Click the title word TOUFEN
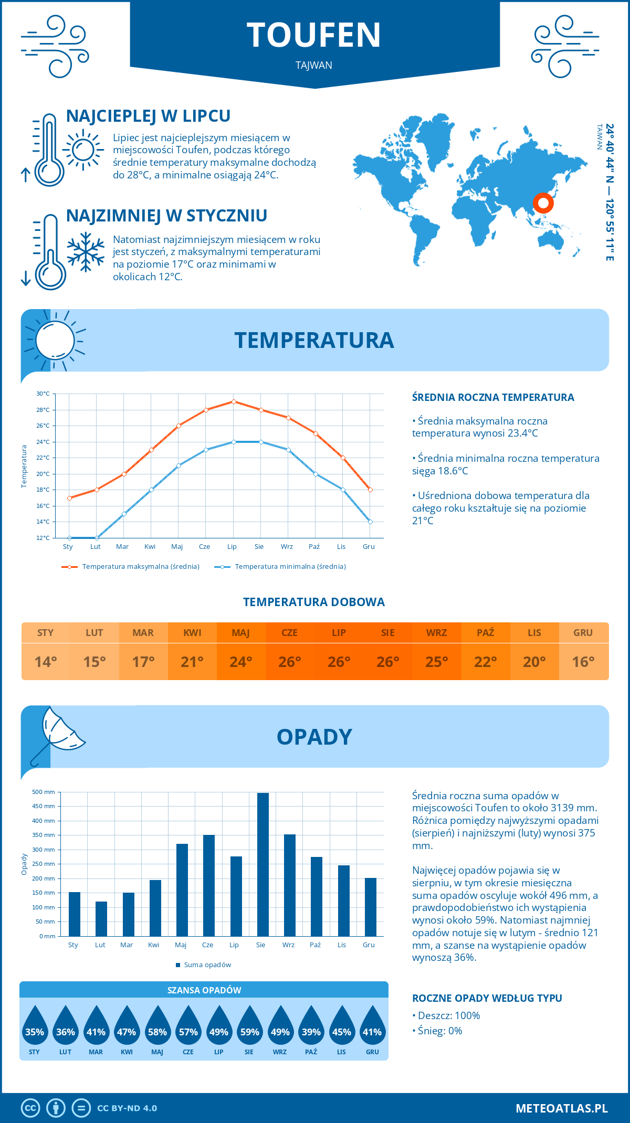pyautogui.click(x=314, y=35)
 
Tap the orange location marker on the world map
pyautogui.click(x=543, y=203)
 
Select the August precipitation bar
pyautogui.click(x=263, y=864)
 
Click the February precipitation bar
pyautogui.click(x=101, y=918)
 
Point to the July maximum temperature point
pyautogui.click(x=234, y=402)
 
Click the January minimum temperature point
pyautogui.click(x=69, y=538)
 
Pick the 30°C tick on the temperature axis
pyautogui.click(x=43, y=394)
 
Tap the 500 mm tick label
pyautogui.click(x=44, y=792)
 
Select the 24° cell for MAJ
pyautogui.click(x=241, y=662)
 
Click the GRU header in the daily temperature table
pyautogui.click(x=583, y=633)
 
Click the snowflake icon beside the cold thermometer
pyautogui.click(x=86, y=251)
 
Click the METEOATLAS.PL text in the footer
pyautogui.click(x=562, y=1108)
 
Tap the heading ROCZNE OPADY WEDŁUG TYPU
pyautogui.click(x=487, y=998)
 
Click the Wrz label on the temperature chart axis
pyautogui.click(x=287, y=547)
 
